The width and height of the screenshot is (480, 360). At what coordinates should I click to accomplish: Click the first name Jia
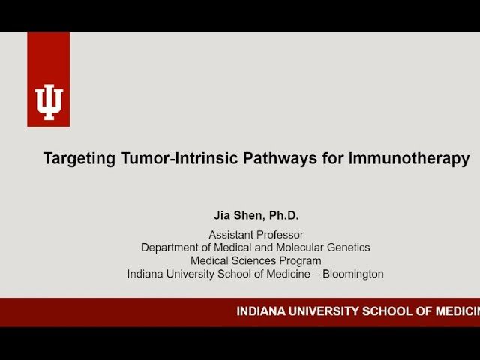tap(223, 216)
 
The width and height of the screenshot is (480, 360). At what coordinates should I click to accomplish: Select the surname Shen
tap(250, 216)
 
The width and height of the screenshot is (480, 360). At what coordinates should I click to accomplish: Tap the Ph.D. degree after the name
tap(283, 216)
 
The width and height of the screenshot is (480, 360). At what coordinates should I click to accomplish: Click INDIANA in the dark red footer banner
tap(261, 311)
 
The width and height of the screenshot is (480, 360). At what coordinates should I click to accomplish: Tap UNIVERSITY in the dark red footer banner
tap(322, 311)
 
